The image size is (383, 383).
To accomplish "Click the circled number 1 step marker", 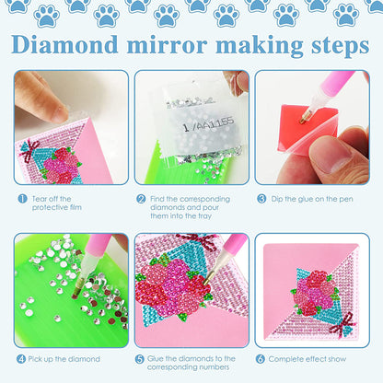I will tap(22, 198).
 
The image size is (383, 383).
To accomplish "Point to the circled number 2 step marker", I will tap(141, 198).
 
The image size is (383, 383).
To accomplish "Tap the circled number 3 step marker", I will tap(262, 198).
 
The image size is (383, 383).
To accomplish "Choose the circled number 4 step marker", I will tap(21, 359).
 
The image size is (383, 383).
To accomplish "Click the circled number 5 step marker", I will tap(140, 359).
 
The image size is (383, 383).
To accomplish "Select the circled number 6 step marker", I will tap(262, 359).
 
